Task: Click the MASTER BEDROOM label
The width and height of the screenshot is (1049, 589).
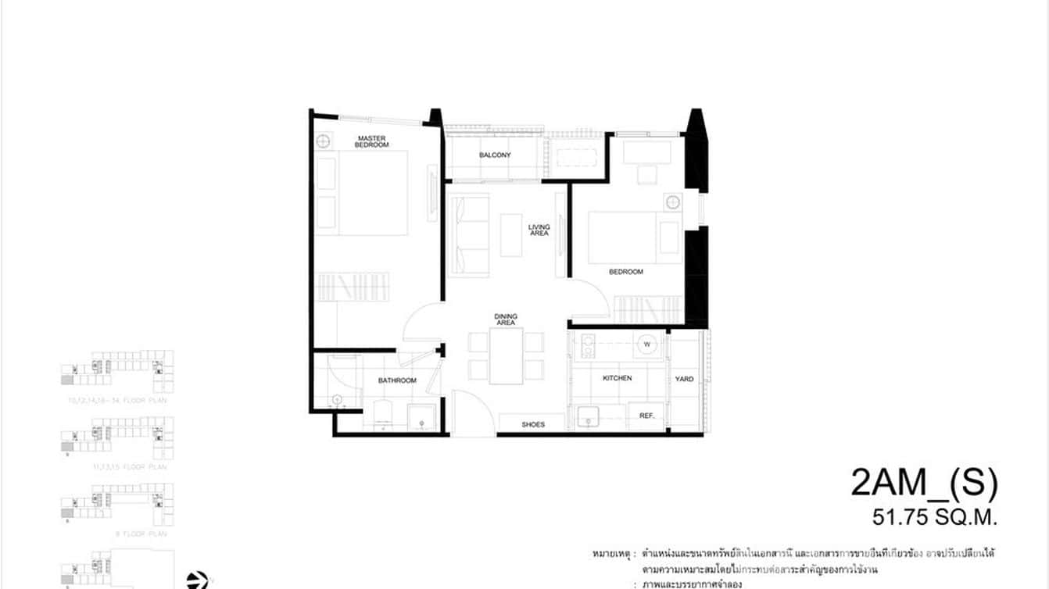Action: click(372, 141)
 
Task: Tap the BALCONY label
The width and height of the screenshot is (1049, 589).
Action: click(495, 155)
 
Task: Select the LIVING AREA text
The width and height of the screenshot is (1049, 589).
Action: click(539, 230)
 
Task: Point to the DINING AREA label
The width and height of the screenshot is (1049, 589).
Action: click(506, 319)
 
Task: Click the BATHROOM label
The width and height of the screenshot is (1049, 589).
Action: click(397, 380)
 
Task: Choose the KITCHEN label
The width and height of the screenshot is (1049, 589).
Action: click(617, 378)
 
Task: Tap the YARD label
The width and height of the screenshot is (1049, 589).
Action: click(684, 379)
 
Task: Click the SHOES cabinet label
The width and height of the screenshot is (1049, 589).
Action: click(532, 425)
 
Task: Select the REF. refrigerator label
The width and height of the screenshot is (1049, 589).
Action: click(646, 416)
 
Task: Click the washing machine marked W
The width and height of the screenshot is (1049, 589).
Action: click(648, 343)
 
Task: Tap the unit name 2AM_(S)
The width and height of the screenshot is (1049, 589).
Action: click(924, 484)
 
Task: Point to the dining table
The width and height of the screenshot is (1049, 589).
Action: click(506, 356)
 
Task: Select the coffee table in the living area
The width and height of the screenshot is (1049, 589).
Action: click(511, 234)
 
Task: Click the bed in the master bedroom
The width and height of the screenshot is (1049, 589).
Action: click(371, 193)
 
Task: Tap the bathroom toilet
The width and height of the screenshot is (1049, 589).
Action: click(382, 414)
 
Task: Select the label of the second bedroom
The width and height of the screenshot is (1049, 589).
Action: click(626, 272)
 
